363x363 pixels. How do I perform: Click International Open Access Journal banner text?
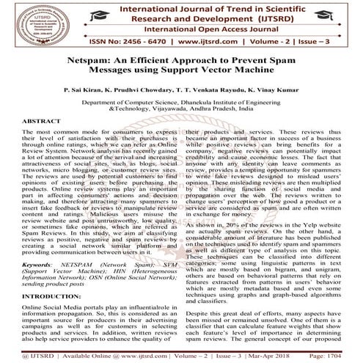[x=198, y=32]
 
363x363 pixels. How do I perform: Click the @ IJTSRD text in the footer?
[x=26, y=356]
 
